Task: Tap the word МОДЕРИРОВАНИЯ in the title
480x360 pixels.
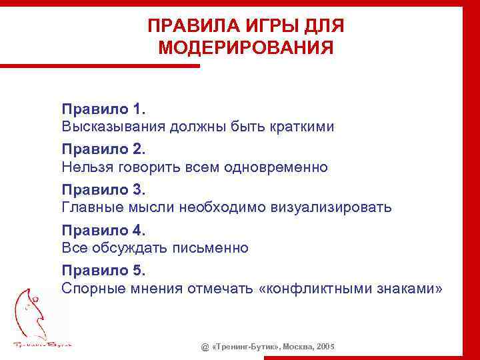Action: (246, 48)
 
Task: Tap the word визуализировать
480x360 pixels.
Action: (331, 208)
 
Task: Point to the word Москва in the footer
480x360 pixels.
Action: (298, 347)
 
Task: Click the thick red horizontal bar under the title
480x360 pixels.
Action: (100, 65)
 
